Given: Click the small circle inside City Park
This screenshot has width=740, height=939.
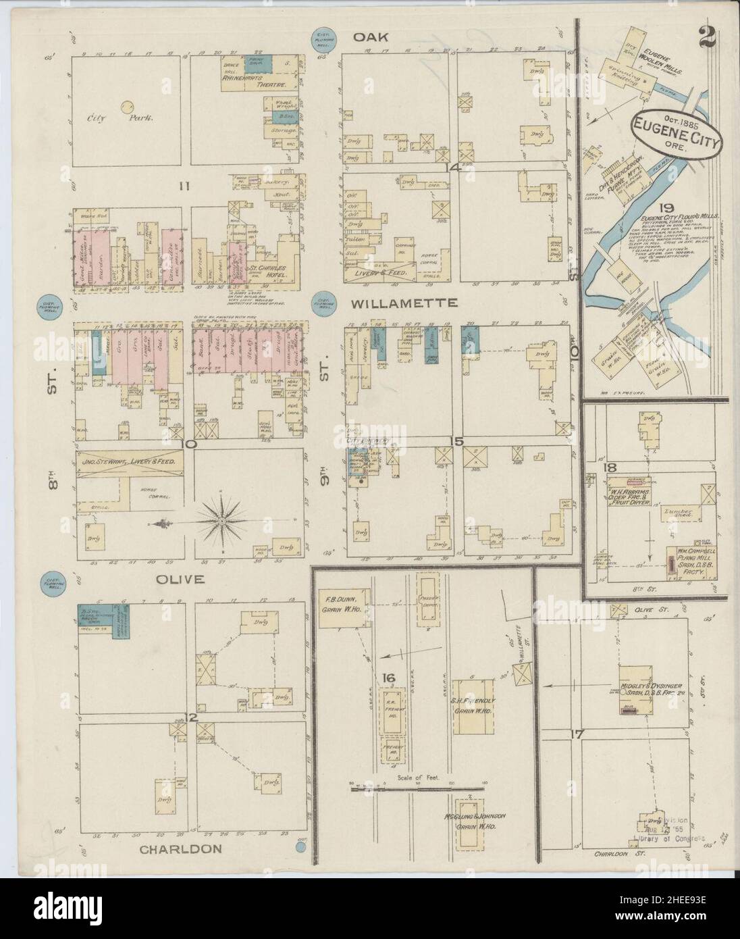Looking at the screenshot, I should (126, 106).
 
